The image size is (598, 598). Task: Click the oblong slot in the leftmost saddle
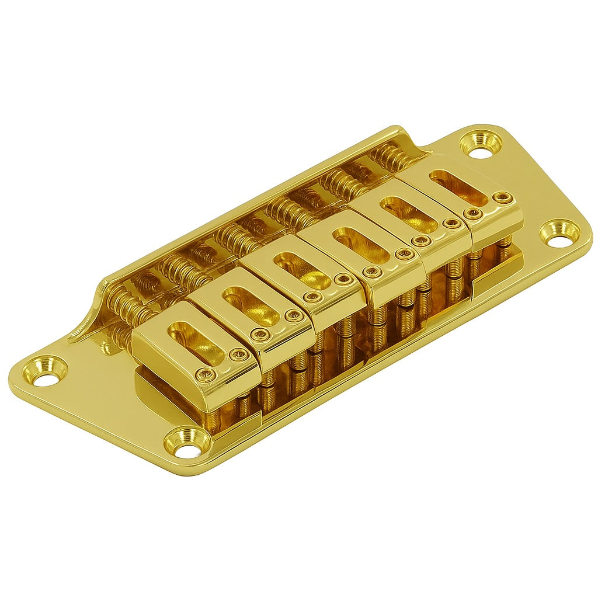196,342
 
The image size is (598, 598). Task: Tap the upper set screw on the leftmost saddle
238,355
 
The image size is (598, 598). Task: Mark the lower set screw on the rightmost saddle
474,214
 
